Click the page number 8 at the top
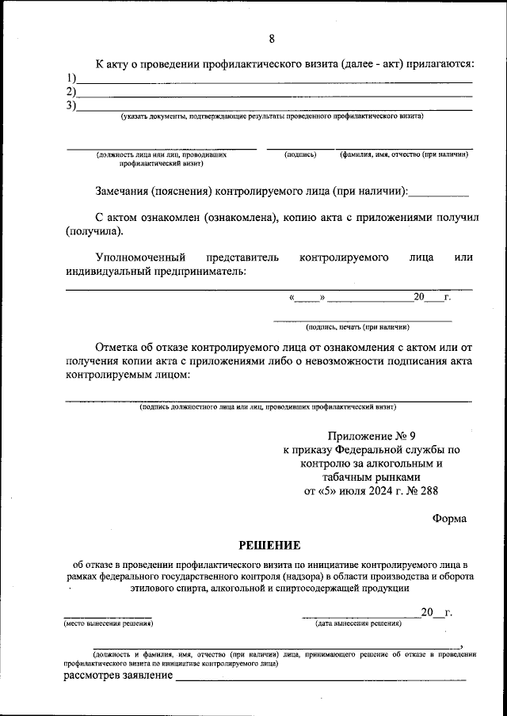(272, 39)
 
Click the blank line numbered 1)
(273, 82)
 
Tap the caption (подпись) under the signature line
(300, 155)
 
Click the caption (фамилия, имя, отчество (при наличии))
(404, 155)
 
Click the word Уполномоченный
(140, 257)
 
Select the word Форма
(449, 518)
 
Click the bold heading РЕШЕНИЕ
(270, 545)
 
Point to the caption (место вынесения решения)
(108, 623)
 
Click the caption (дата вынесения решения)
(357, 623)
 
